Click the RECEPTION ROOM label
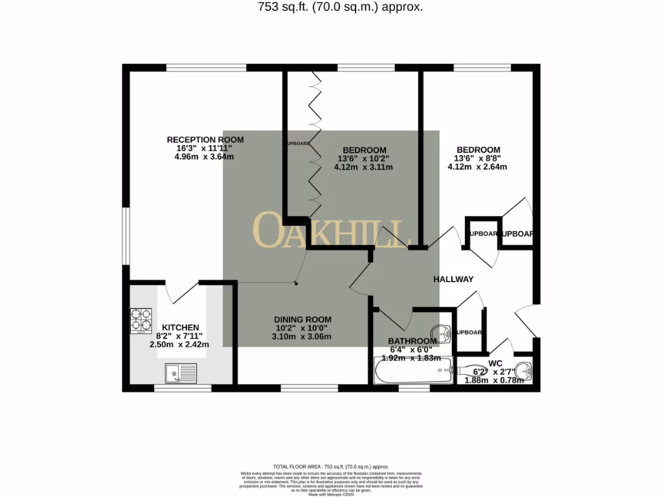[x=205, y=140]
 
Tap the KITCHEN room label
[x=180, y=327]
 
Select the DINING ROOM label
[x=302, y=320]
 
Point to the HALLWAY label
[x=453, y=280]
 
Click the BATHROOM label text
[x=412, y=341]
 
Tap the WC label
[x=495, y=363]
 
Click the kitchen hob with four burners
[x=142, y=319]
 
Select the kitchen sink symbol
[x=181, y=373]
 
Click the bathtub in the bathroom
[x=412, y=372]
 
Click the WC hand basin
[x=525, y=371]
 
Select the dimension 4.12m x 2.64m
[x=477, y=167]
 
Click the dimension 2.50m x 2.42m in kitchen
[x=179, y=345]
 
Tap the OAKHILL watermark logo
[x=331, y=231]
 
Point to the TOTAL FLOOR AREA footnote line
[x=331, y=467]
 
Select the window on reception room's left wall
[x=126, y=236]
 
